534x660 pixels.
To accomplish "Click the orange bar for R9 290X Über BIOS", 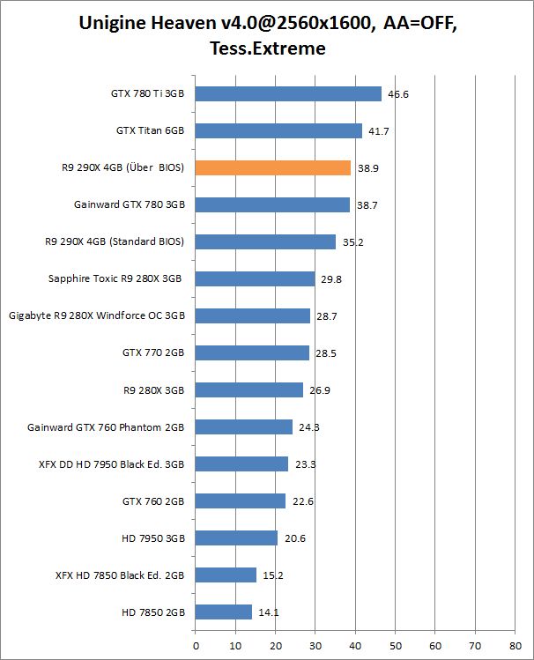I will (x=272, y=167).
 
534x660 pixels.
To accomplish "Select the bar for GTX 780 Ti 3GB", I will (x=288, y=93).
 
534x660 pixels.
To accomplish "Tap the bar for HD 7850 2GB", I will (x=223, y=612).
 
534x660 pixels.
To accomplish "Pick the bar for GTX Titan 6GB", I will (x=278, y=130).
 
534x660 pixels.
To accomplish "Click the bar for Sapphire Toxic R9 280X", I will (x=255, y=278).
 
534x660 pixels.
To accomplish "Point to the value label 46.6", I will (x=398, y=93).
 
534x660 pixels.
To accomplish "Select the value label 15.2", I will (x=273, y=575).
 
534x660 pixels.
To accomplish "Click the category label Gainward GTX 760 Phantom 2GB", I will (x=106, y=426).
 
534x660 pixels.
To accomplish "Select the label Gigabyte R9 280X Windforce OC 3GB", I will (x=97, y=315).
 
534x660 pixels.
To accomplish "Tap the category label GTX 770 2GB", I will (x=152, y=352).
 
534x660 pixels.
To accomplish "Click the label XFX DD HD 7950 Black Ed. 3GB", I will (x=111, y=463).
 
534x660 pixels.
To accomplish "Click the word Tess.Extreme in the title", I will (x=267, y=48).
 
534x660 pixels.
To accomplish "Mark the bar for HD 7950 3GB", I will (x=236, y=538).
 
